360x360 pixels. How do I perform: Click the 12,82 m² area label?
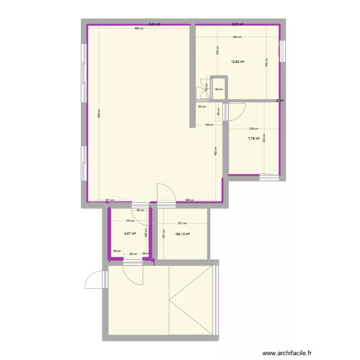pyautogui.click(x=238, y=61)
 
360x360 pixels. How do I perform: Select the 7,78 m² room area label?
pyautogui.click(x=254, y=139)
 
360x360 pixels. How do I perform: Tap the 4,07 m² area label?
pyautogui.click(x=130, y=234)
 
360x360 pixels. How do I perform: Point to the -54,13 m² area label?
pyautogui.click(x=182, y=234)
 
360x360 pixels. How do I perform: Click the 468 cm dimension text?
pyautogui.click(x=139, y=28)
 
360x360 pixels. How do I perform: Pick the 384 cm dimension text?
pyautogui.click(x=237, y=37)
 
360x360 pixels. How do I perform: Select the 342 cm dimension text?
pyautogui.click(x=266, y=62)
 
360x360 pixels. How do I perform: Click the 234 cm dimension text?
pyautogui.click(x=253, y=128)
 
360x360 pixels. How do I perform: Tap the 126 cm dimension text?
pyautogui.click(x=209, y=126)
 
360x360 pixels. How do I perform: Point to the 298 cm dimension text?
pyautogui.click(x=189, y=201)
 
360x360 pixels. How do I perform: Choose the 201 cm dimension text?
pyautogui.click(x=109, y=201)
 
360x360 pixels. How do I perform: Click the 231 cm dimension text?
pyautogui.click(x=182, y=223)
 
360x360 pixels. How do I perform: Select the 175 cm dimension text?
pyautogui.click(x=129, y=221)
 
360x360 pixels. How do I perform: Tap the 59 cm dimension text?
pyautogui.click(x=219, y=89)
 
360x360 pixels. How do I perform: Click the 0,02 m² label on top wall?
pyautogui.click(x=238, y=24)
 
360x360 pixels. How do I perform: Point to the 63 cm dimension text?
pyautogui.click(x=203, y=107)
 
